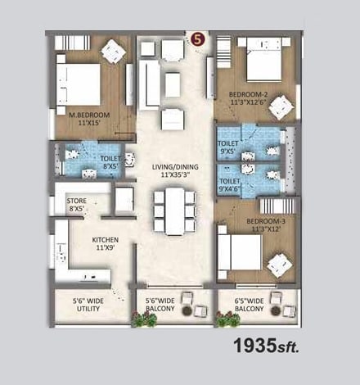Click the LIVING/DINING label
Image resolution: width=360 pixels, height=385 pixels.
click(x=175, y=170)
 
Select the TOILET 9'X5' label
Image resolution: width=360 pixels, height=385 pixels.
click(x=228, y=147)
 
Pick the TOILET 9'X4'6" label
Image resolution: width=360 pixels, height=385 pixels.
click(x=230, y=185)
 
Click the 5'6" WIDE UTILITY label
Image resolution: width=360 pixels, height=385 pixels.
click(x=88, y=306)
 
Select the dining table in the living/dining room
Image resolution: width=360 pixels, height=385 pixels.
click(x=174, y=211)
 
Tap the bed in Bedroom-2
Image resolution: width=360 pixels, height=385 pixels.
click(x=259, y=65)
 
